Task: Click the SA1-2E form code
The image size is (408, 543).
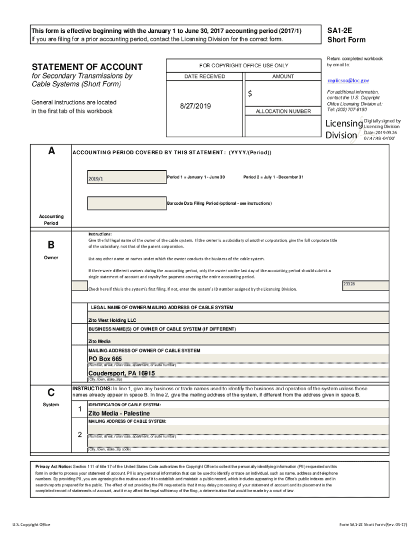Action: (x=339, y=31)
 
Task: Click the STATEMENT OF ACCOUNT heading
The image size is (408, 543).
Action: (x=87, y=67)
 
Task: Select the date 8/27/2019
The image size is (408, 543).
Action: (x=196, y=107)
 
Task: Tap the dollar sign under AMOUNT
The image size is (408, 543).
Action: (x=250, y=94)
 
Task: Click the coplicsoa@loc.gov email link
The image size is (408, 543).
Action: (x=348, y=81)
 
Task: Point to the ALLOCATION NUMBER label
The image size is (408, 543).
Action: (x=283, y=111)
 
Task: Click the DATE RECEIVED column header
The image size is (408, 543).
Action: (x=205, y=76)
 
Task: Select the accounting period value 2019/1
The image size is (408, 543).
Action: (x=96, y=179)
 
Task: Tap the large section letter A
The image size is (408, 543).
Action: (x=51, y=151)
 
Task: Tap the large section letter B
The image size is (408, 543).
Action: (x=51, y=245)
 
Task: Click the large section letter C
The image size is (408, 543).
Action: (x=51, y=393)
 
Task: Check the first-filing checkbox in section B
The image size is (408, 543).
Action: (x=79, y=286)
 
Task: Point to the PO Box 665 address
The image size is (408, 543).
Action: (x=105, y=359)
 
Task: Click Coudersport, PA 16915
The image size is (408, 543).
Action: (x=121, y=373)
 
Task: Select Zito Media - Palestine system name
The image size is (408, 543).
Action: (x=119, y=414)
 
